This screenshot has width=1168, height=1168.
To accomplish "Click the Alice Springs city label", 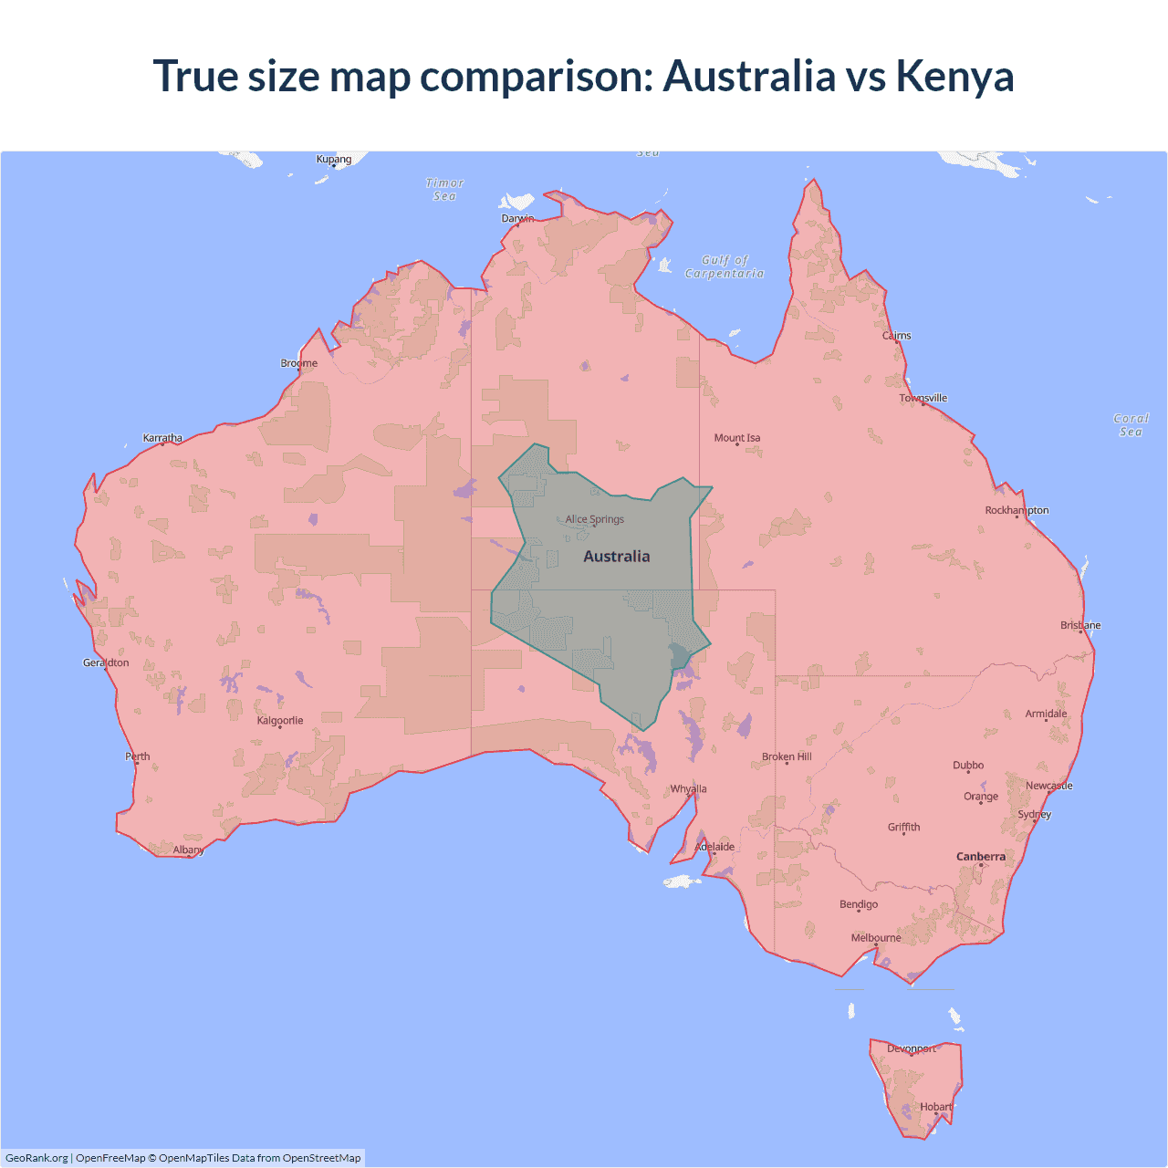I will (594, 519).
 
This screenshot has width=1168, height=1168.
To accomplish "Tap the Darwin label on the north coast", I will (517, 218).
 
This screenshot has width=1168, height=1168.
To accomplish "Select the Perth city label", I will (138, 756).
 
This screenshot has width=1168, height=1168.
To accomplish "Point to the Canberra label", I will (980, 857).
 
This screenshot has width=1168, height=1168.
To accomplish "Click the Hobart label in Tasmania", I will (935, 1107).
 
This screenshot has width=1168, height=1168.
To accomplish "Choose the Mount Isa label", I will (736, 438).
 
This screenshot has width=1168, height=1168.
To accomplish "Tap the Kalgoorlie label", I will (280, 721).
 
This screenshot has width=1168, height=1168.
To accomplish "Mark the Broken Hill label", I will (787, 756).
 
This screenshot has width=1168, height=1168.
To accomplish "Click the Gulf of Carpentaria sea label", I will (725, 266).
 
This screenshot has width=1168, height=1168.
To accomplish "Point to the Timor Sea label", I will (445, 190).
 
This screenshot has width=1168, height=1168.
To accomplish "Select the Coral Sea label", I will (1131, 425).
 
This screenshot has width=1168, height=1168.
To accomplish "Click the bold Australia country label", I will (617, 557).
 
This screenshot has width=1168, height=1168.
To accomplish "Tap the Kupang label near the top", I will (334, 159).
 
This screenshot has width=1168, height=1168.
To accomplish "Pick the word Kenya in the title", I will (954, 76).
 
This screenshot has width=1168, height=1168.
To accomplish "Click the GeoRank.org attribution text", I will (36, 1158).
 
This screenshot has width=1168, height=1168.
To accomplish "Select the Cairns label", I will (896, 336).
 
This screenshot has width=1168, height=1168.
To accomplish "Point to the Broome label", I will (298, 363).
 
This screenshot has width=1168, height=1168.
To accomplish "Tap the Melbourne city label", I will (875, 938).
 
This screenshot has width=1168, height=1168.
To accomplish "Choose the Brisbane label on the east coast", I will (1080, 625).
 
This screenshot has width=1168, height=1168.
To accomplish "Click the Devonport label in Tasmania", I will (912, 1048).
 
